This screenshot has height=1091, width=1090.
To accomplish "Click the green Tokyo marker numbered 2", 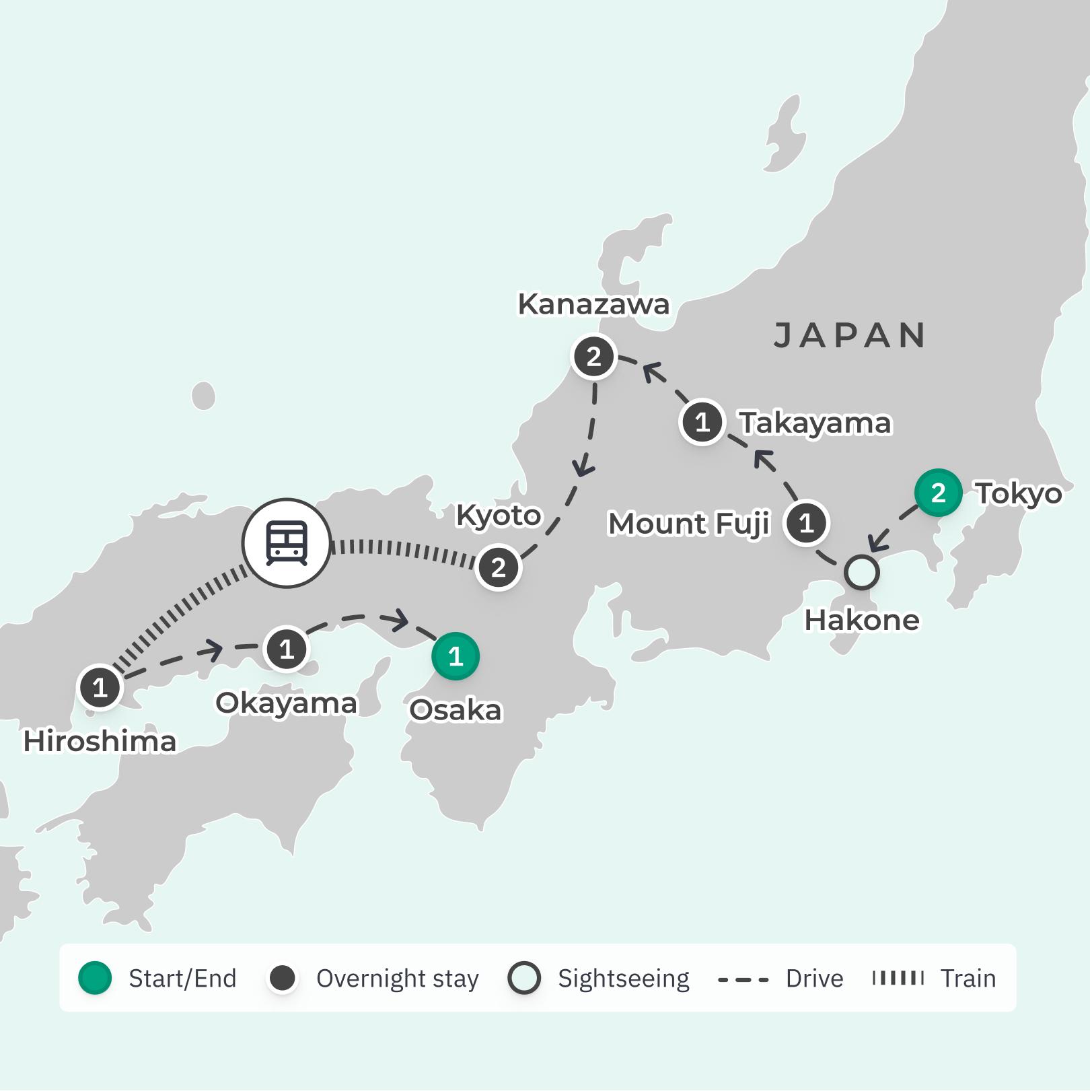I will point(938,493).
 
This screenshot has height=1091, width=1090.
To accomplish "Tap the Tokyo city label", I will point(1019,493).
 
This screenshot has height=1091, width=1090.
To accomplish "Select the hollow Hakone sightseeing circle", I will point(862,573).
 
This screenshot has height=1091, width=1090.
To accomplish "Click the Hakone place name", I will point(862,620).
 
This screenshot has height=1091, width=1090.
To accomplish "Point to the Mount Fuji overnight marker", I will point(806,523).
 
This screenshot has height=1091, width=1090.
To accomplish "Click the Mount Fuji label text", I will point(688,524).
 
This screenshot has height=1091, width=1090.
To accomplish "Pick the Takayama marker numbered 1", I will point(702,423).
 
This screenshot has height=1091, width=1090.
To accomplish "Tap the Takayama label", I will point(815,423).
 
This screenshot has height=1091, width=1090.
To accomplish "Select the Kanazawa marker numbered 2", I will point(594,357).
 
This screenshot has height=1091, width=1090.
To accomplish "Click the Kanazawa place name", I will point(593,304).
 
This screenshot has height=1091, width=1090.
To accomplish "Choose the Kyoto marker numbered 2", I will point(499,567).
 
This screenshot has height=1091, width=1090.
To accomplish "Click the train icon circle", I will point(287,542).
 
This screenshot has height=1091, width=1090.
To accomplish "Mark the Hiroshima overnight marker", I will point(100,688).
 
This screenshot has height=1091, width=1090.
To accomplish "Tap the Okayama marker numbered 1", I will point(287,649).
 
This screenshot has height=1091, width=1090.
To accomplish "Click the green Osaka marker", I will point(456,656).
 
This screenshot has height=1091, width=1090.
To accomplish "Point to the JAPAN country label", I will point(849,335).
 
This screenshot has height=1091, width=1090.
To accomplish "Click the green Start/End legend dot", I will point(95,978).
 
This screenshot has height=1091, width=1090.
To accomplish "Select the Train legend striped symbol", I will point(898,978).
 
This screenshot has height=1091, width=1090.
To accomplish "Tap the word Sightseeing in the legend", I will point(623,979).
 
